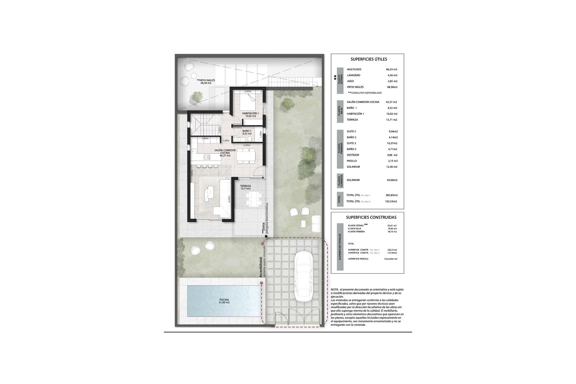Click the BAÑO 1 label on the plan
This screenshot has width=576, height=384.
(x=247, y=131)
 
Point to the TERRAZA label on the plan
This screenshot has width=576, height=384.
(x=245, y=186)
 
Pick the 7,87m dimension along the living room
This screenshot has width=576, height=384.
(x=192, y=174)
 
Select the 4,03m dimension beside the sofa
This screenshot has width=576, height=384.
(x=229, y=200)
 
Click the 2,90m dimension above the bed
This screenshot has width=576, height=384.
(x=247, y=91)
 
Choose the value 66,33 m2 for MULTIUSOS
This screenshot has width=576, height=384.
(x=391, y=69)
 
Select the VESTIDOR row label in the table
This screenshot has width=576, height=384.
(x=353, y=155)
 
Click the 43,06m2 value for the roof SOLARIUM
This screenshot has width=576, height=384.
(x=391, y=180)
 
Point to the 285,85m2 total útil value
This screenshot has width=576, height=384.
(x=391, y=195)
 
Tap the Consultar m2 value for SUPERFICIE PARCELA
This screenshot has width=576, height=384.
(x=390, y=259)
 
